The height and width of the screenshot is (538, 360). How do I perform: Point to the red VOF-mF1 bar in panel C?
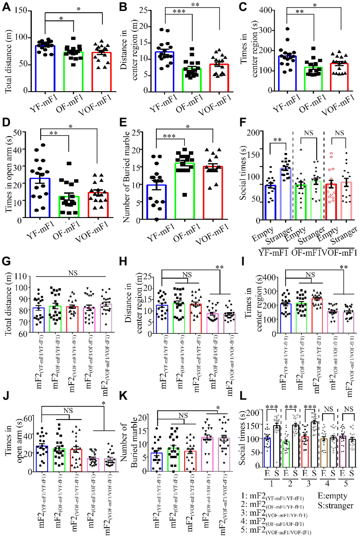(339, 77)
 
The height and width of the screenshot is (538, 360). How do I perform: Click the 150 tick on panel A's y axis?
(21, 10)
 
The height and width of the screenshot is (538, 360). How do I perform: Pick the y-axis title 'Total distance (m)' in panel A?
(8, 61)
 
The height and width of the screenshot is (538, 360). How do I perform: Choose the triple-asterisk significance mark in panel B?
(179, 11)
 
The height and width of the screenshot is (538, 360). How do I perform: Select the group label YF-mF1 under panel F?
(273, 253)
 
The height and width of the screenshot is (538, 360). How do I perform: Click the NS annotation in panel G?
(73, 273)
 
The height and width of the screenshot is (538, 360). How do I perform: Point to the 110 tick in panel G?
(21, 276)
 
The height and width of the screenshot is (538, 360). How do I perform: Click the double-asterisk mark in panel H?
(219, 267)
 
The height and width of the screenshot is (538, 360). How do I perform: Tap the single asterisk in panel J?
(104, 404)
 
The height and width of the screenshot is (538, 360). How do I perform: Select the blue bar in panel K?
(157, 462)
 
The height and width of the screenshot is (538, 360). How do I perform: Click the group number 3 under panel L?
(309, 483)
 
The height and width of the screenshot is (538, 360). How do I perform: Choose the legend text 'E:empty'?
(332, 496)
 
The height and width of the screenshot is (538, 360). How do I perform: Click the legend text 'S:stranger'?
(335, 506)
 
